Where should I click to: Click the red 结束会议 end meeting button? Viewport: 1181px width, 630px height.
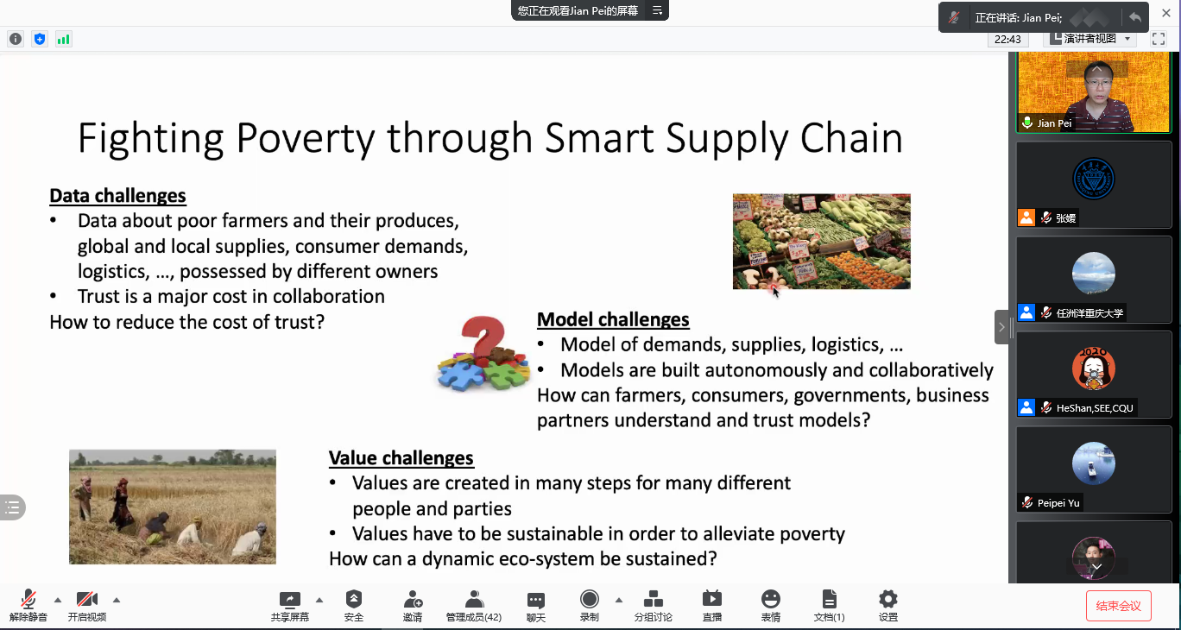pyautogui.click(x=1118, y=606)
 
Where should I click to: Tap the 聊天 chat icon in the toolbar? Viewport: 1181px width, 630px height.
pyautogui.click(x=535, y=600)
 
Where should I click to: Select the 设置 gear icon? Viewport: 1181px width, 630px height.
pyautogui.click(x=887, y=600)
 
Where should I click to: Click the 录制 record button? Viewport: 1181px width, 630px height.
pyautogui.click(x=589, y=600)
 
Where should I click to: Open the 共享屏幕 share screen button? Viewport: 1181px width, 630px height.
pyautogui.click(x=289, y=600)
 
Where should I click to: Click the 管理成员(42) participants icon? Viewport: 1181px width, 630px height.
pyautogui.click(x=474, y=600)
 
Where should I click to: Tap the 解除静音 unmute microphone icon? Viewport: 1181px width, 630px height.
pyautogui.click(x=28, y=600)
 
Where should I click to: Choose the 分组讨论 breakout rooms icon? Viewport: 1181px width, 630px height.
pyautogui.click(x=654, y=600)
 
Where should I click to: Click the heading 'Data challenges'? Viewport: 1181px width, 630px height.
pyautogui.click(x=117, y=196)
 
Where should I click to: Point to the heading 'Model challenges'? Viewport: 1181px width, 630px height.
pyautogui.click(x=613, y=319)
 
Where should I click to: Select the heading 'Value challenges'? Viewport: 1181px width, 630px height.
pyautogui.click(x=401, y=458)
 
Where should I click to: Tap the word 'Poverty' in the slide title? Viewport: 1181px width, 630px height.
pyautogui.click(x=306, y=138)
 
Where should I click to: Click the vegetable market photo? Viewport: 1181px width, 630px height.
pyautogui.click(x=821, y=242)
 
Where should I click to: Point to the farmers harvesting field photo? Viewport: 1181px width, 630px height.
pyautogui.click(x=173, y=507)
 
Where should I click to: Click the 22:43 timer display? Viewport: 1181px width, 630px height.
pyautogui.click(x=1007, y=39)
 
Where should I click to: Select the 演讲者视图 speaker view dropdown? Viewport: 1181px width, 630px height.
pyautogui.click(x=1090, y=39)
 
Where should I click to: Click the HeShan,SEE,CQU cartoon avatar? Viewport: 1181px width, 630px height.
pyautogui.click(x=1094, y=369)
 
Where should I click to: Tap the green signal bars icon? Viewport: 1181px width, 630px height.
pyautogui.click(x=63, y=39)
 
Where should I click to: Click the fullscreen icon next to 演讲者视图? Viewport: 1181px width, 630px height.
pyautogui.click(x=1159, y=39)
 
